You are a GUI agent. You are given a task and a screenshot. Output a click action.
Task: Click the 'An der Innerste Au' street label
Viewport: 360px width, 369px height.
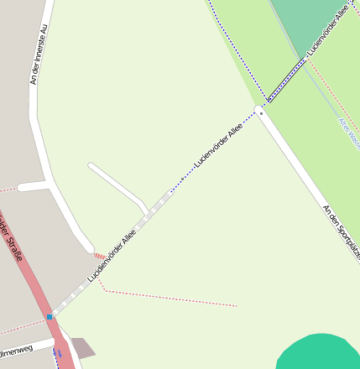(x=35, y=55)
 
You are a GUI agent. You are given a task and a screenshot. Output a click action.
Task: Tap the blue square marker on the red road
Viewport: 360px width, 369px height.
(x=50, y=317)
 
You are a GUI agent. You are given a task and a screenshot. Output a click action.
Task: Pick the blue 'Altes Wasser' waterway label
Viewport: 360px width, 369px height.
(x=347, y=131)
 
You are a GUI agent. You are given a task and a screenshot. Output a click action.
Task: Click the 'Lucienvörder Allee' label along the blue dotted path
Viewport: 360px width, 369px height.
(x=218, y=143)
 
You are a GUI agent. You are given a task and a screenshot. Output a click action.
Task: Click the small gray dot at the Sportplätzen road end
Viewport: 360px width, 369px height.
(x=262, y=113)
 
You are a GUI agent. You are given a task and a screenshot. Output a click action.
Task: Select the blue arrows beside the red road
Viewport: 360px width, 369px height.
(x=57, y=352)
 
